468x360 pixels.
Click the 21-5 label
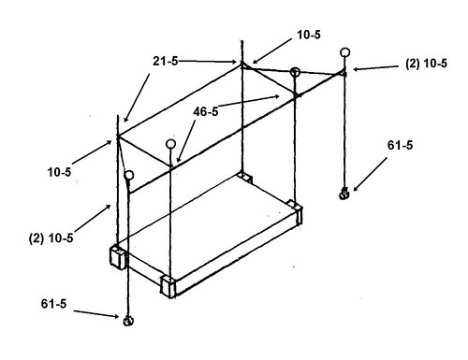(165, 61)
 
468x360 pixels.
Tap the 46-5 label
(206, 111)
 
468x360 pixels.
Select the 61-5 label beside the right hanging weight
(400, 145)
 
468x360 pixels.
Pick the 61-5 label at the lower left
(53, 303)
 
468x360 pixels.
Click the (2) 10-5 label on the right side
(426, 64)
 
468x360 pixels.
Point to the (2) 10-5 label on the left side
(51, 238)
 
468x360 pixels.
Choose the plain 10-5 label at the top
(309, 35)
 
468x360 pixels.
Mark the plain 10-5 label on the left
(59, 172)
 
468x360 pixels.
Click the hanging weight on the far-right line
(344, 194)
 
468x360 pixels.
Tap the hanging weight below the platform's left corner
(128, 321)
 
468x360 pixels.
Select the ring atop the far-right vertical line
(344, 52)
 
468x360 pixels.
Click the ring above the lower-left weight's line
(129, 175)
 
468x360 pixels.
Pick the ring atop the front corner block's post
(170, 144)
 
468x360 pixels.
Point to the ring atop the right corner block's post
(295, 72)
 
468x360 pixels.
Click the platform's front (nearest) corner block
(168, 286)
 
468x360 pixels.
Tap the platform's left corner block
(118, 257)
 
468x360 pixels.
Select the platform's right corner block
(295, 211)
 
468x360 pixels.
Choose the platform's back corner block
(244, 177)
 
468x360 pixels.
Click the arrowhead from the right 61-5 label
(356, 188)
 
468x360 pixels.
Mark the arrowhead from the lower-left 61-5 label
(116, 316)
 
